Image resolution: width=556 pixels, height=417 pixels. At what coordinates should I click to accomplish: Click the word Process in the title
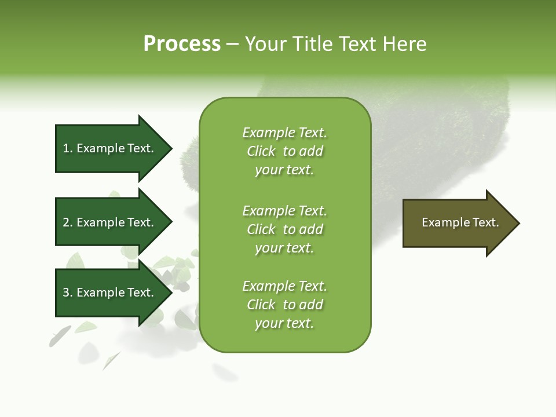pos(182,44)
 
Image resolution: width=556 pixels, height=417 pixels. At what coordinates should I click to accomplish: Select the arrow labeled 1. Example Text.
pos(110,148)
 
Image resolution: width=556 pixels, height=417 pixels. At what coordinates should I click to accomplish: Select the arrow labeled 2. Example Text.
pos(110,222)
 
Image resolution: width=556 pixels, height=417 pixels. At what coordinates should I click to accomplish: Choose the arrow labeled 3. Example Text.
pos(110,292)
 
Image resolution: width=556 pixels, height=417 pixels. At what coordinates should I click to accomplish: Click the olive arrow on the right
pos(458,223)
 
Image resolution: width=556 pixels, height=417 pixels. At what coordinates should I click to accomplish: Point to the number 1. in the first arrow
pos(68,148)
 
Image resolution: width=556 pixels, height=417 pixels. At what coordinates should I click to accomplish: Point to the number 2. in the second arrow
pos(68,222)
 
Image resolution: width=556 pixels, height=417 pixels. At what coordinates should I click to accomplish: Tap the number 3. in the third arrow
pos(68,292)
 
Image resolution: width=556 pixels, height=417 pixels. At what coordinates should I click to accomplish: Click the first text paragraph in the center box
pos(284,151)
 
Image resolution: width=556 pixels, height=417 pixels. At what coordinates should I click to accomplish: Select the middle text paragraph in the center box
pos(284,229)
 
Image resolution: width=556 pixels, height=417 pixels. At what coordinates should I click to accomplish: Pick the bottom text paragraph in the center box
pos(284,305)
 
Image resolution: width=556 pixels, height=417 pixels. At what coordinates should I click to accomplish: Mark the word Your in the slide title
pos(265,44)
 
